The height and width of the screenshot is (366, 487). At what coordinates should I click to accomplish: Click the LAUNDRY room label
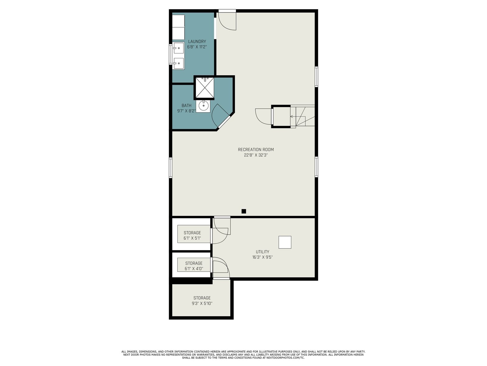pyautogui.click(x=197, y=41)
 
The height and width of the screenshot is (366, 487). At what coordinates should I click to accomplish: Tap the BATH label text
pyautogui.click(x=186, y=106)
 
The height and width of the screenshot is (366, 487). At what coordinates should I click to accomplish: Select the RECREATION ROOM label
pyautogui.click(x=256, y=149)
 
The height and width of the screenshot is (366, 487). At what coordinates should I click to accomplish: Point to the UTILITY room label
pyautogui.click(x=262, y=252)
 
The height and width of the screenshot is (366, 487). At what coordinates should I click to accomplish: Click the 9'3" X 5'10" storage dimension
pyautogui.click(x=202, y=303)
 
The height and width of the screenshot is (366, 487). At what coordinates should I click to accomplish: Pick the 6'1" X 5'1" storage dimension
pyautogui.click(x=192, y=238)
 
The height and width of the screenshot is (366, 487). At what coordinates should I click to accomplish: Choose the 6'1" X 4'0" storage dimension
pyautogui.click(x=194, y=269)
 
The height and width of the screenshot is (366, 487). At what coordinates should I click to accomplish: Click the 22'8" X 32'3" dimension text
pyautogui.click(x=256, y=155)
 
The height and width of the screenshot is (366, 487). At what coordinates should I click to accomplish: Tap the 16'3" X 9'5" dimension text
pyautogui.click(x=262, y=257)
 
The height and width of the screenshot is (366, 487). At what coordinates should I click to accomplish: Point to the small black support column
pyautogui.click(x=243, y=211)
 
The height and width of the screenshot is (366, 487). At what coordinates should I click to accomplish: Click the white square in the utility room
pyautogui.click(x=285, y=242)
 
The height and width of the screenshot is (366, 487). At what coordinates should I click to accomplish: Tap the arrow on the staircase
pyautogui.click(x=298, y=117)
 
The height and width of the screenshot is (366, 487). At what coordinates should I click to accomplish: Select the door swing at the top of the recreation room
pyautogui.click(x=227, y=21)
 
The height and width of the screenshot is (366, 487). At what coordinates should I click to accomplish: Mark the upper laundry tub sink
pyautogui.click(x=179, y=48)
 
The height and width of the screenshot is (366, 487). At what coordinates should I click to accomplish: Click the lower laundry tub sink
pyautogui.click(x=179, y=63)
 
